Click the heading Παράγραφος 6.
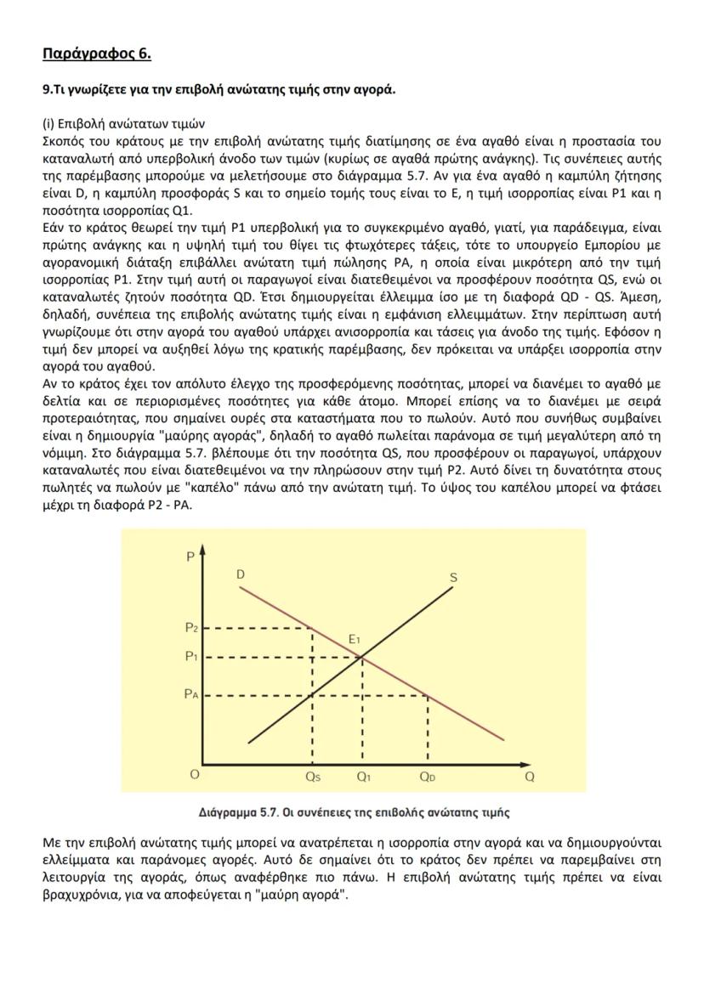click(96, 54)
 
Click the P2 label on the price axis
click(191, 628)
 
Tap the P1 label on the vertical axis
click(191, 657)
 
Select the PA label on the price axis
click(191, 694)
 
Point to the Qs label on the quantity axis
click(312, 776)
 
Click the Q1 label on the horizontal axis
click(363, 776)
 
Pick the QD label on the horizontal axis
click(427, 776)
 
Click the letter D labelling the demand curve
click(241, 575)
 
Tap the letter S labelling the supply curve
click(453, 578)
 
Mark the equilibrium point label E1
click(355, 639)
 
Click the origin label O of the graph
click(195, 775)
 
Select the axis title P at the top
click(190, 556)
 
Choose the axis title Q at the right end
click(530, 776)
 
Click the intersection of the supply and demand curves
click(363, 657)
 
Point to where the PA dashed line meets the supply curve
click(313, 695)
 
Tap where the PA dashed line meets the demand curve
click(427, 695)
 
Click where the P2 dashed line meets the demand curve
click(313, 628)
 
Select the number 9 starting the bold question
click(46, 90)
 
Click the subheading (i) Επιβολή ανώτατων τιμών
click(122, 123)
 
